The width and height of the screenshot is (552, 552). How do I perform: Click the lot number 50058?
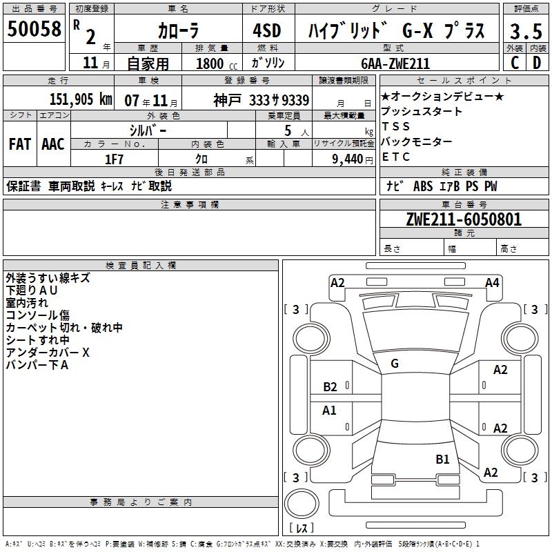click(x=34, y=29)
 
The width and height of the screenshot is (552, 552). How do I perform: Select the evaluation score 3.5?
click(x=525, y=31)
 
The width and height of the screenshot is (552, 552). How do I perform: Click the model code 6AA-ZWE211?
click(x=395, y=63)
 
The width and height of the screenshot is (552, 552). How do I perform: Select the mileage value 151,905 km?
click(x=81, y=99)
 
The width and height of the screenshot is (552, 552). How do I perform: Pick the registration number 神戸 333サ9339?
click(x=262, y=99)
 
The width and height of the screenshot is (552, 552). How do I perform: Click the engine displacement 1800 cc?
click(x=216, y=63)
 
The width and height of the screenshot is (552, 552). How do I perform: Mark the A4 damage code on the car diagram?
click(x=492, y=282)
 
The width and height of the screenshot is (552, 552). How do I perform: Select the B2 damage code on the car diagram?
click(x=330, y=387)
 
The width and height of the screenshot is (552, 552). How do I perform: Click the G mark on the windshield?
click(x=395, y=363)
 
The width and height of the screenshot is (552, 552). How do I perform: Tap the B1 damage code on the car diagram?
click(x=442, y=459)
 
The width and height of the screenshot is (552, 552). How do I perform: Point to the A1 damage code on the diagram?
click(x=330, y=411)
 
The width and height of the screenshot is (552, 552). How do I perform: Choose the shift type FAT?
click(x=19, y=144)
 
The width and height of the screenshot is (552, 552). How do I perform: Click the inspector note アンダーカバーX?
click(x=48, y=353)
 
